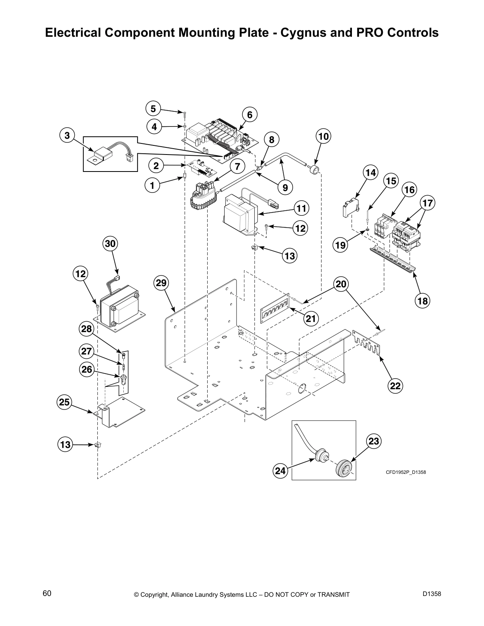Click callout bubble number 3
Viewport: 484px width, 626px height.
click(67, 136)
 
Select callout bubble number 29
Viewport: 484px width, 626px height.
click(162, 283)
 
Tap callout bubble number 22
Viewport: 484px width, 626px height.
click(395, 385)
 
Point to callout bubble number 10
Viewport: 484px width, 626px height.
click(323, 136)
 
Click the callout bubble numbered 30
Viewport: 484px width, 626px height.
click(110, 243)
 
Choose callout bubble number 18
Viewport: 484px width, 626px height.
click(422, 301)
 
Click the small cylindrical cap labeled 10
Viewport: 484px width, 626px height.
click(315, 171)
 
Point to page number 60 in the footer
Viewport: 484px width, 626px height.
click(47, 594)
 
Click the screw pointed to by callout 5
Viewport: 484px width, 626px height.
click(185, 114)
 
